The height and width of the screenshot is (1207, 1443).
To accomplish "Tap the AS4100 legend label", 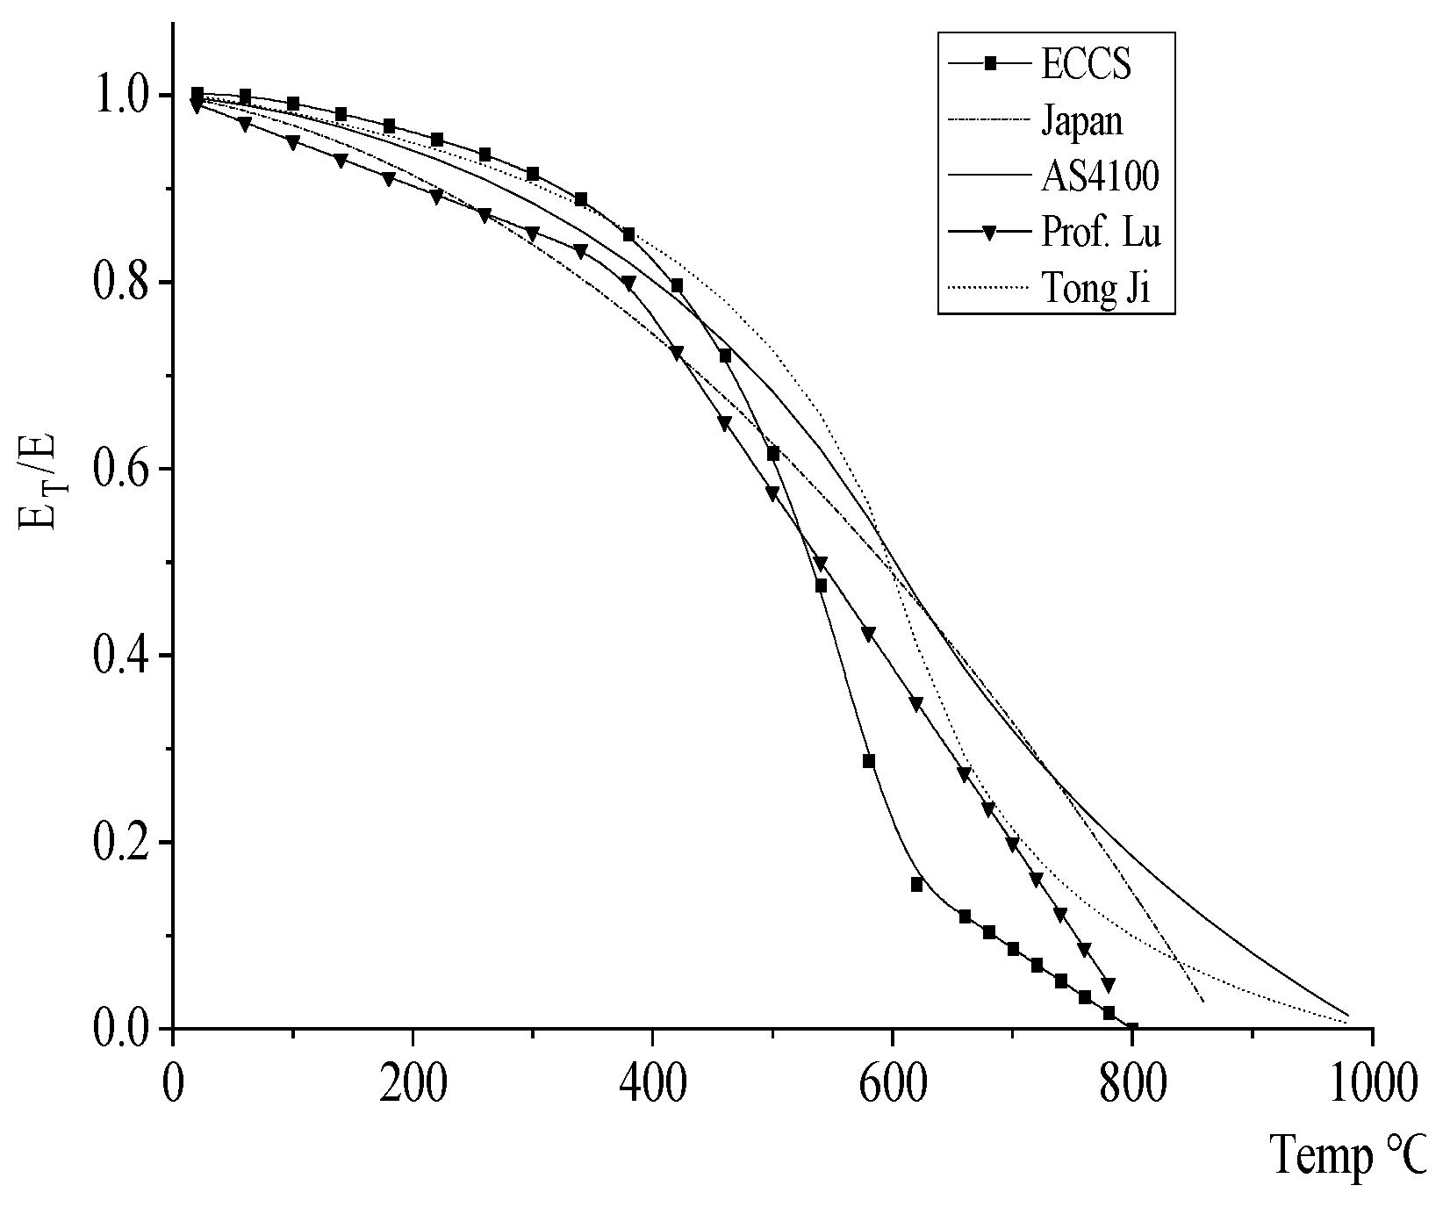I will tap(1100, 176).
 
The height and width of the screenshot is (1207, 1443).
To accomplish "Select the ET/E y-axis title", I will tap(37, 492).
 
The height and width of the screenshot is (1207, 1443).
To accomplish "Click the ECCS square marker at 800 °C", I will tap(1131, 1028).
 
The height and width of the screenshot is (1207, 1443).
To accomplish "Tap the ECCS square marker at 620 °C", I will tap(916, 884).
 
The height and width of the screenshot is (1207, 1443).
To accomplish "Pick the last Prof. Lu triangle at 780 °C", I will tap(1109, 984).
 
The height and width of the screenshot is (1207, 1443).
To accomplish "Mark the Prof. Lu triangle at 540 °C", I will tap(821, 563).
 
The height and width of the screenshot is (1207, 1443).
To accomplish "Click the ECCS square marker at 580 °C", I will tap(869, 761).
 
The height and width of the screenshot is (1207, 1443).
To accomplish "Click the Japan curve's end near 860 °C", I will tap(1202, 1001).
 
